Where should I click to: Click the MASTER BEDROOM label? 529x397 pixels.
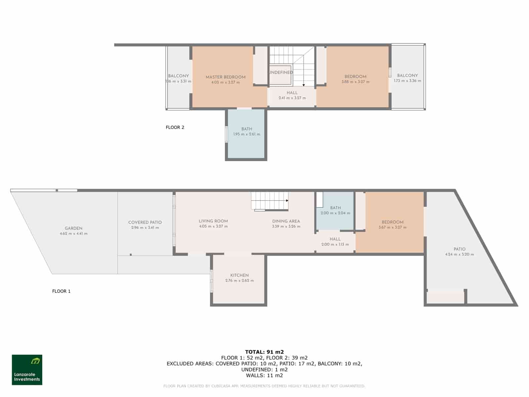click(x=225, y=77)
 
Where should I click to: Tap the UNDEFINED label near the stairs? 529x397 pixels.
click(x=281, y=72)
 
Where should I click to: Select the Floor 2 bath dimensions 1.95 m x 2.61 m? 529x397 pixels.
click(x=247, y=134)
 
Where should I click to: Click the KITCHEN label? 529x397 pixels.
click(x=239, y=275)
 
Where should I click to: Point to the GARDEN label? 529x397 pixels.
click(x=73, y=228)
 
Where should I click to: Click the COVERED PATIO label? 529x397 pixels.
click(x=145, y=222)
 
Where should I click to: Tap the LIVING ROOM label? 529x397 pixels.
click(x=213, y=221)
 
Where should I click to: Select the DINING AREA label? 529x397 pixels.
click(x=286, y=221)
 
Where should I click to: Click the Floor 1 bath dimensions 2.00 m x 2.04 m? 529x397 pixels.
click(x=335, y=213)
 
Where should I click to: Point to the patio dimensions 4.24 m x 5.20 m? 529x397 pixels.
click(x=459, y=254)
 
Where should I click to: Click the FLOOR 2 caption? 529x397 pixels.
click(x=175, y=127)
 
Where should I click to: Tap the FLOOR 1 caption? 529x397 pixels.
click(x=61, y=291)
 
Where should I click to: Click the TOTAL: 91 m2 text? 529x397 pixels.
click(x=264, y=352)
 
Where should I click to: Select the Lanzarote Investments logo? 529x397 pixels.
click(x=27, y=370)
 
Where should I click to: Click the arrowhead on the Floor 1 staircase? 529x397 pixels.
click(x=287, y=200)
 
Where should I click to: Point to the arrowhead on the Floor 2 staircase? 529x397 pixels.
click(x=304, y=85)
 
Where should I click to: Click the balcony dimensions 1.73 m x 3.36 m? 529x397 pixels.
click(x=407, y=81)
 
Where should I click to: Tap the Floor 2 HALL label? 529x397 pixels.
click(x=292, y=93)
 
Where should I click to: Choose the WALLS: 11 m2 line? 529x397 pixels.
click(x=264, y=375)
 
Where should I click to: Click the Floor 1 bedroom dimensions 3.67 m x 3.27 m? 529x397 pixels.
click(x=392, y=227)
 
